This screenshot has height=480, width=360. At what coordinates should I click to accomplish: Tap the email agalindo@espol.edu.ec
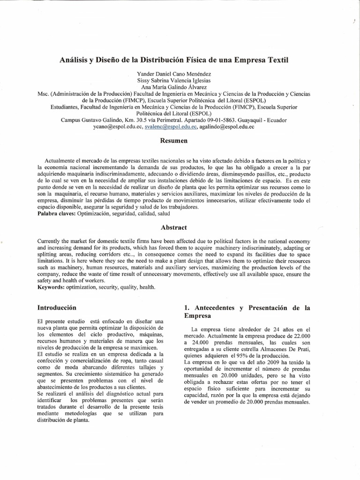227,127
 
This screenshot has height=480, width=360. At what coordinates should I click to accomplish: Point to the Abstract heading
174,227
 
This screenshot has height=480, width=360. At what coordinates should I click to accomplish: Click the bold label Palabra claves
56,213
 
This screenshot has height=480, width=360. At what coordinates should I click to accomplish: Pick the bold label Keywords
52,287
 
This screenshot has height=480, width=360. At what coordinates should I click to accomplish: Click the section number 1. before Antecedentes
187,308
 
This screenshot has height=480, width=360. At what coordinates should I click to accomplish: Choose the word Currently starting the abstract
52,241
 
